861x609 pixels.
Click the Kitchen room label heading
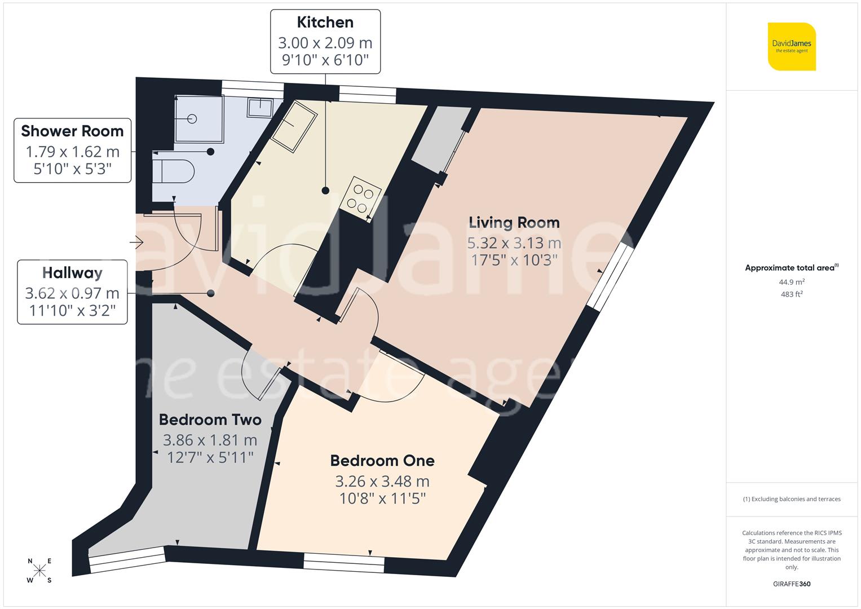(325, 23)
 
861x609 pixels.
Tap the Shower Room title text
(72, 131)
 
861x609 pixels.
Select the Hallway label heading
(72, 273)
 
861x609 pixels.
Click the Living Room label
(514, 223)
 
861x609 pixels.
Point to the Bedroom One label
(382, 461)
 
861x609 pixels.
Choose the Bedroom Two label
(210, 420)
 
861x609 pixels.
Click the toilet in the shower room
(174, 170)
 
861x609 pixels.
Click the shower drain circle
(192, 119)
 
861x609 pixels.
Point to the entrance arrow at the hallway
(136, 243)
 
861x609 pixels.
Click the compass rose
(39, 570)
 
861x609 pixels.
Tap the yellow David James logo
(792, 47)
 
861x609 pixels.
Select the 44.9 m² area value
(792, 282)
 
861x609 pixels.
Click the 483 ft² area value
(792, 294)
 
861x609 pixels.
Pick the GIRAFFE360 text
(792, 584)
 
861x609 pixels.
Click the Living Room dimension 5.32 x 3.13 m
(514, 243)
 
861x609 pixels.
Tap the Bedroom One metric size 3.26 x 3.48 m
(382, 482)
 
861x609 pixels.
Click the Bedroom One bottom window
(344, 562)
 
